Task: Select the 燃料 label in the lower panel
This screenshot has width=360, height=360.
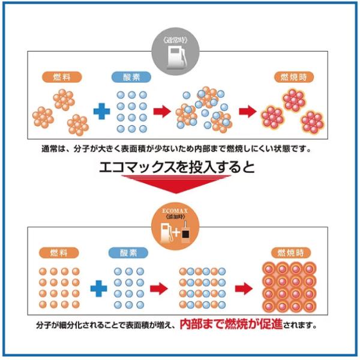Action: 58,253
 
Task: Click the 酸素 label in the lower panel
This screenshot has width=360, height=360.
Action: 128,253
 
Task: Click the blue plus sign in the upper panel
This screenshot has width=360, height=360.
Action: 100,112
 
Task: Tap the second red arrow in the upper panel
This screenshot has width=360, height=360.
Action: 246,112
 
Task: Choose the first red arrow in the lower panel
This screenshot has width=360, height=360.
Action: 158,289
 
